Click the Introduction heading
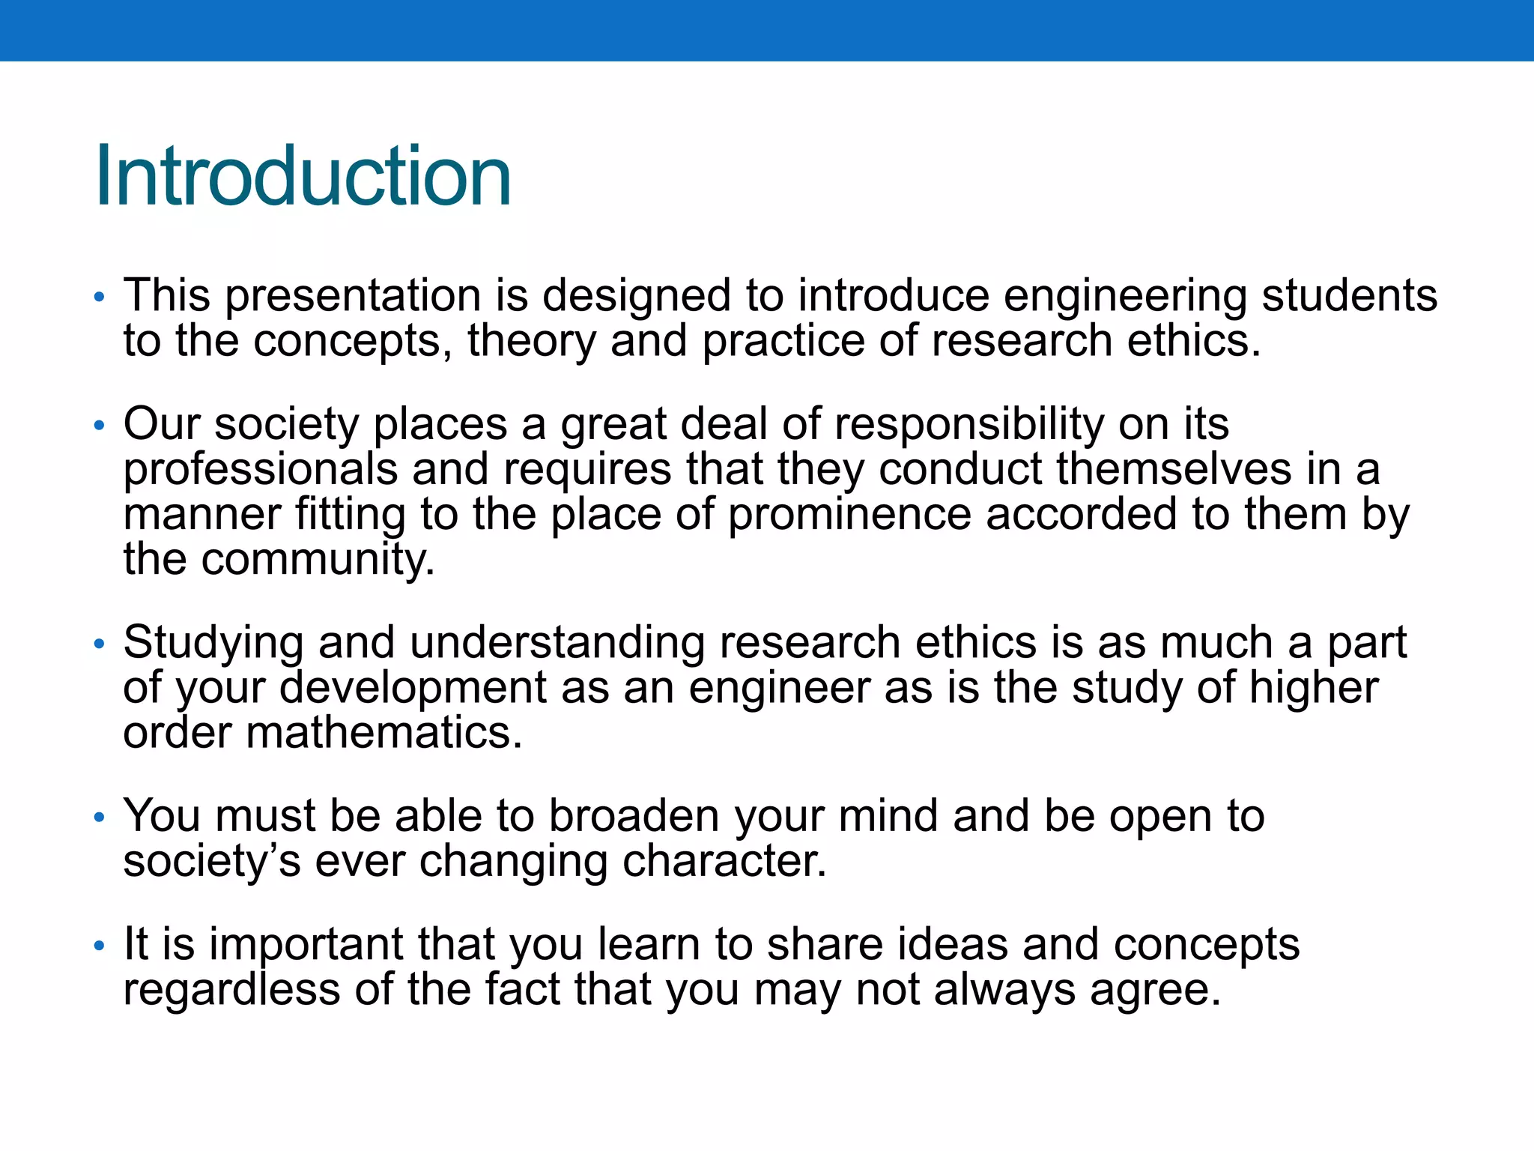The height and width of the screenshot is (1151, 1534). click(303, 177)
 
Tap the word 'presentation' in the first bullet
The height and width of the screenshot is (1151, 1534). click(352, 296)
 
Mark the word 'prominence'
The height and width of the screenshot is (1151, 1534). click(849, 515)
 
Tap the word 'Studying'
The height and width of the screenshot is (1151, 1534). click(213, 644)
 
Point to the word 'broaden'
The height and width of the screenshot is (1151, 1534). click(634, 816)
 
